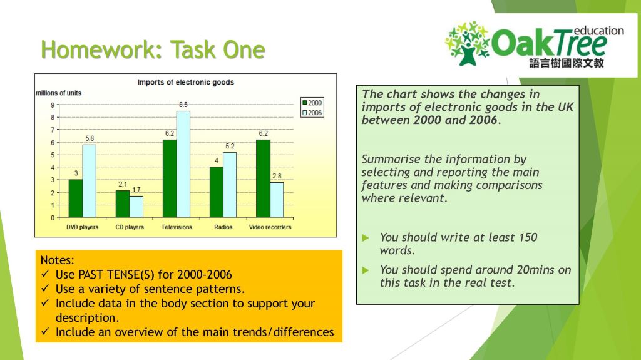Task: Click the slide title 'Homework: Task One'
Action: pyautogui.click(x=153, y=49)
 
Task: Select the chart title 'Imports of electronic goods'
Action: pyautogui.click(x=185, y=82)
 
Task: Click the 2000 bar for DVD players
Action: pyautogui.click(x=75, y=198)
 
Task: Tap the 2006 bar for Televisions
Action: pyautogui.click(x=183, y=164)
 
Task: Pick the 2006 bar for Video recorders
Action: pyautogui.click(x=277, y=200)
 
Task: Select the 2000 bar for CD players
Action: pyautogui.click(x=122, y=204)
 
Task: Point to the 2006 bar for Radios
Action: pyautogui.click(x=230, y=185)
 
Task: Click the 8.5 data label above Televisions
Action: pyautogui.click(x=183, y=105)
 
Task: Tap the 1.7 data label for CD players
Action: pyautogui.click(x=136, y=190)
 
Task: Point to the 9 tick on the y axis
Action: pyautogui.click(x=53, y=105)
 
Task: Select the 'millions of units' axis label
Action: pyautogui.click(x=58, y=93)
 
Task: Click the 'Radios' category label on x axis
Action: pyautogui.click(x=223, y=227)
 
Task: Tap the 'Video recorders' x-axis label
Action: pyautogui.click(x=270, y=227)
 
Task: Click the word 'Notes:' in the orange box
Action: pyautogui.click(x=57, y=260)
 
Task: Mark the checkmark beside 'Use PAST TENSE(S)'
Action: pyautogui.click(x=45, y=275)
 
